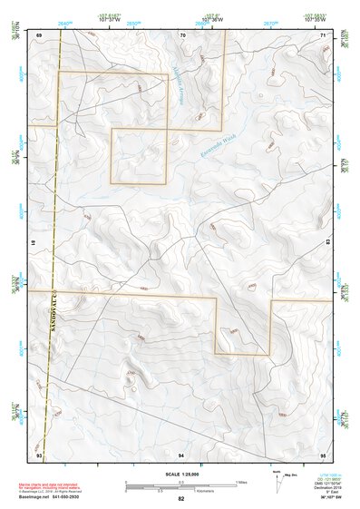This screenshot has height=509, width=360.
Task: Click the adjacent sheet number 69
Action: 39,34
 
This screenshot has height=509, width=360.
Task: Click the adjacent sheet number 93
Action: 39,454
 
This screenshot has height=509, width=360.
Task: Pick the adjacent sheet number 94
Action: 181,454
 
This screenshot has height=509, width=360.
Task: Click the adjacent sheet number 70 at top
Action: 182,34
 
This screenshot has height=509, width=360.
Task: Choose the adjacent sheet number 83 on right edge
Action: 329,243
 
